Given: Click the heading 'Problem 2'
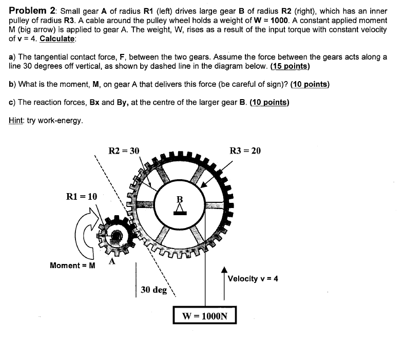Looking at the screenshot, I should (x=32, y=11).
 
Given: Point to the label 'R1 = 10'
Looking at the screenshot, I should (x=82, y=196).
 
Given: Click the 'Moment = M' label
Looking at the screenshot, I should (x=72, y=266).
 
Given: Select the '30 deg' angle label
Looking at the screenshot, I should (x=154, y=290).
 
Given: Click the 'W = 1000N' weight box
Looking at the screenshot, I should (x=205, y=316).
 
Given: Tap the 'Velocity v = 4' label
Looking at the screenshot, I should (x=253, y=279).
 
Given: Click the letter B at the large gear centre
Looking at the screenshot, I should (x=179, y=198).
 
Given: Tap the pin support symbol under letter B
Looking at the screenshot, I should (x=179, y=209).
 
